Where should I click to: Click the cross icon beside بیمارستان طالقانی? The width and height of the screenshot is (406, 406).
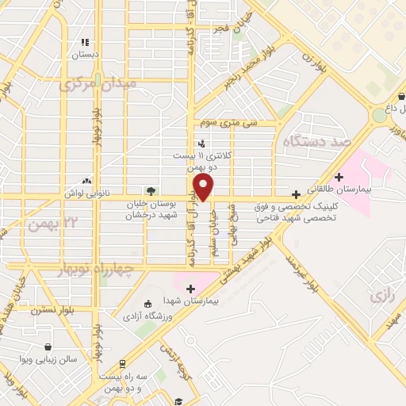click(339, 177)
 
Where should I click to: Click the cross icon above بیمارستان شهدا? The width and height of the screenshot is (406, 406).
click(190, 288)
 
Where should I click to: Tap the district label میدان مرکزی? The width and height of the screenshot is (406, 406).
click(99, 83)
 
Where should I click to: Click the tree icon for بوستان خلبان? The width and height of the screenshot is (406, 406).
click(151, 190)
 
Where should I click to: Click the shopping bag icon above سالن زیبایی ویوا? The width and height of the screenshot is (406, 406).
click(49, 347)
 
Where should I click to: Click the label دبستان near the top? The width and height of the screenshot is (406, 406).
click(84, 56)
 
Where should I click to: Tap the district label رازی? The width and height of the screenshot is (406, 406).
click(382, 296)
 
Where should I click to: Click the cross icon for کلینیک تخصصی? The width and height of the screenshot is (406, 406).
click(297, 194)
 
